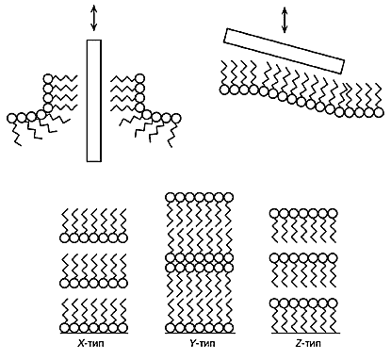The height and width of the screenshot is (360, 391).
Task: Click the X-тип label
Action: tap(90, 343)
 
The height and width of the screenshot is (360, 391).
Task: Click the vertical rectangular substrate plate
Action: tap(94, 101)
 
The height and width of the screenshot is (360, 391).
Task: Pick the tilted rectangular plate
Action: tap(285, 51)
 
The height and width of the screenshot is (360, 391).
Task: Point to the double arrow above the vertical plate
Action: tap(93, 19)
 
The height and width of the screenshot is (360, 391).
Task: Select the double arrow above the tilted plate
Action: tap(285, 21)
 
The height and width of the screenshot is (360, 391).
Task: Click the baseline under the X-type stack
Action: tap(93, 333)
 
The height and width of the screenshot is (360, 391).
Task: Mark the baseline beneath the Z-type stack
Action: tap(305, 333)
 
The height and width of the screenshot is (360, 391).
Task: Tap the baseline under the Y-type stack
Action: tap(200, 333)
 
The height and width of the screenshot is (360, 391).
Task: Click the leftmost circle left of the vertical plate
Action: tap(11, 118)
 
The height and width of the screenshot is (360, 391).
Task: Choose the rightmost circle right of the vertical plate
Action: tap(176, 118)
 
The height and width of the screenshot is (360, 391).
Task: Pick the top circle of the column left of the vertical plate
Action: tap(48, 78)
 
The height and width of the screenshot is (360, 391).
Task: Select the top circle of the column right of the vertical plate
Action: tap(140, 78)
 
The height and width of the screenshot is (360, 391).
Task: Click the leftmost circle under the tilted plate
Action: tap(224, 90)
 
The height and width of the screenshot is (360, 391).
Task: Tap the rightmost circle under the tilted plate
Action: tap(379, 112)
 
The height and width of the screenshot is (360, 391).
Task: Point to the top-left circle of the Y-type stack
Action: tap(170, 197)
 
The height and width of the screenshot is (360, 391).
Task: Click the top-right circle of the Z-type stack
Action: tap(333, 214)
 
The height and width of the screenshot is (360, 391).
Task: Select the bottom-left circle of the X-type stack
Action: tap(64, 328)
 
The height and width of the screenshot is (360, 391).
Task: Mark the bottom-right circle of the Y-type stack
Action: tap(229, 328)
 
